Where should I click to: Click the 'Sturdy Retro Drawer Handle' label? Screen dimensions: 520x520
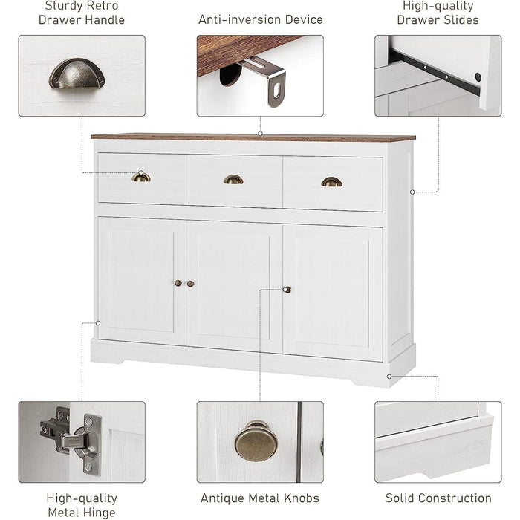click(x=82, y=13)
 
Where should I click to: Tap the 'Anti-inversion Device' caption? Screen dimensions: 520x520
click(x=260, y=19)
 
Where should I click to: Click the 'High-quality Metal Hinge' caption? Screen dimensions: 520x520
click(x=82, y=505)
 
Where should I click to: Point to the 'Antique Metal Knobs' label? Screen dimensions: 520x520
click(x=260, y=498)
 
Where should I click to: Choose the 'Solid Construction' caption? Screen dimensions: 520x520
click(x=438, y=498)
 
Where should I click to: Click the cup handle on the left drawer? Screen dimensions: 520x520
click(x=140, y=177)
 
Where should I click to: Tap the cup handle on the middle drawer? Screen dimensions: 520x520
click(x=233, y=179)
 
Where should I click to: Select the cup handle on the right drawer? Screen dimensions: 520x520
click(x=331, y=182)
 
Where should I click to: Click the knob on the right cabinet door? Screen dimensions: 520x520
click(x=287, y=290)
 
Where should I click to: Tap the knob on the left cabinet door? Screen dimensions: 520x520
click(x=178, y=283)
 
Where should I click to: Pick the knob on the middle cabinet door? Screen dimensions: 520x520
click(x=191, y=284)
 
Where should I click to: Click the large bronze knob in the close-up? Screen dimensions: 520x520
click(x=253, y=441)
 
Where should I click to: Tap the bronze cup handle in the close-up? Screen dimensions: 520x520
click(x=77, y=74)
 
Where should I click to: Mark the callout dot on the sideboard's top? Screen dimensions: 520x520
click(x=260, y=134)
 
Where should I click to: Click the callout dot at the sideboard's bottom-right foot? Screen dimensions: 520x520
click(x=389, y=376)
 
